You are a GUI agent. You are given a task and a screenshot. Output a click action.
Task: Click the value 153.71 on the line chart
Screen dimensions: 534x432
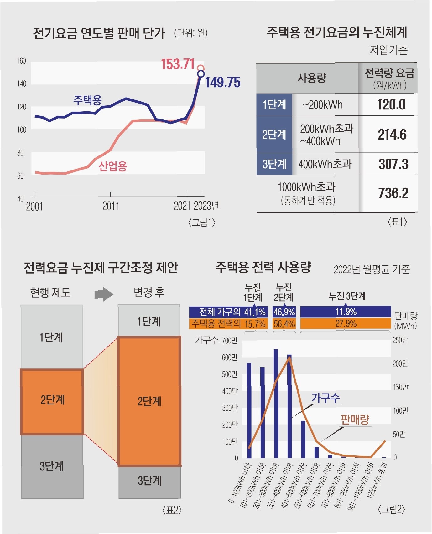[178, 64]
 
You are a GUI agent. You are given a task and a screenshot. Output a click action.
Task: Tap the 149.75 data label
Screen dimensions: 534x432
[223, 83]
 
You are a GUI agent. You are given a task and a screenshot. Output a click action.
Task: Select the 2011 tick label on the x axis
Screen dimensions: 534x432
[111, 206]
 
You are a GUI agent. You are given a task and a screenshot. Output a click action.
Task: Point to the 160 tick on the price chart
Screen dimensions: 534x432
[21, 61]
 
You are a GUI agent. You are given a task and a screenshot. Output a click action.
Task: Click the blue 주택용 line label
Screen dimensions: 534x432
[87, 100]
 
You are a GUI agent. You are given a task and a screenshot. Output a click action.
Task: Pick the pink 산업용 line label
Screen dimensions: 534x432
[113, 166]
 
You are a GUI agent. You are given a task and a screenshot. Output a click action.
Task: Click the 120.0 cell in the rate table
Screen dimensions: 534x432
[391, 105]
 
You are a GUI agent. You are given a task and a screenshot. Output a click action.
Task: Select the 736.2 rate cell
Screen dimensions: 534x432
[393, 193]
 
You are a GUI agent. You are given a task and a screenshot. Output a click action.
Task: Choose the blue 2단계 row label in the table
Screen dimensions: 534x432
[274, 135]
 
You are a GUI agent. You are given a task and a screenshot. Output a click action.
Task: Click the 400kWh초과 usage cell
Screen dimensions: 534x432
[325, 164]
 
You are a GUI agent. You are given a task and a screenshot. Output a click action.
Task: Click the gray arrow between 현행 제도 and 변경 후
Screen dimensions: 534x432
[104, 294]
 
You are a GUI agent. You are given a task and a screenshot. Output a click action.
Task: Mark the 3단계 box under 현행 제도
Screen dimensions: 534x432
[52, 466]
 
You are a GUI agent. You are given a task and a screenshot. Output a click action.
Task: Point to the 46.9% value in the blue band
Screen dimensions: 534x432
[284, 312]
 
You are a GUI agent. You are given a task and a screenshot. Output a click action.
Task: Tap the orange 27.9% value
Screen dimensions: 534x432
[346, 323]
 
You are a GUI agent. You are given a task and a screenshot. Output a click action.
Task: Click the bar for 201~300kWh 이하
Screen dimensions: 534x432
[276, 404]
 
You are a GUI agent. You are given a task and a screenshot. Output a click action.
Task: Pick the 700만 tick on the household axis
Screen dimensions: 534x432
[230, 341]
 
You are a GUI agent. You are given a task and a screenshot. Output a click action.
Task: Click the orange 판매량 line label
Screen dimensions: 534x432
[355, 420]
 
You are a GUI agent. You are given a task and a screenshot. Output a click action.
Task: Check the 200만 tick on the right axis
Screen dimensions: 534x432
[400, 364]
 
